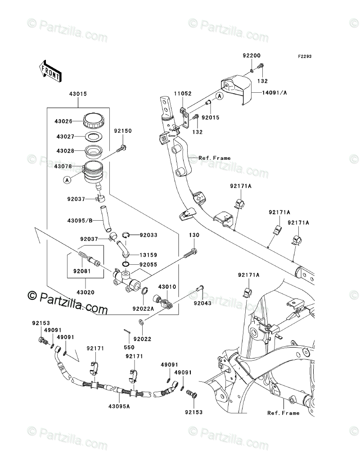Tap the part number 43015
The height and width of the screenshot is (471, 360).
[78, 94]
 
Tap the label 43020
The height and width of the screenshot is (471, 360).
[85, 292]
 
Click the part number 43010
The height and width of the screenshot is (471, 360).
[166, 286]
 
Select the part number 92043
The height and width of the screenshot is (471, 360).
[202, 303]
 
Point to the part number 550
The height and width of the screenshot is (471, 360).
[129, 348]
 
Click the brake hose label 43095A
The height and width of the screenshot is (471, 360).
[119, 406]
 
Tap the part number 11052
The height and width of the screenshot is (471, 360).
[171, 94]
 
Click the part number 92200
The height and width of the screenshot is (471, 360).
[252, 56]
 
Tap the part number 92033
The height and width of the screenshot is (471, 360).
[148, 235]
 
